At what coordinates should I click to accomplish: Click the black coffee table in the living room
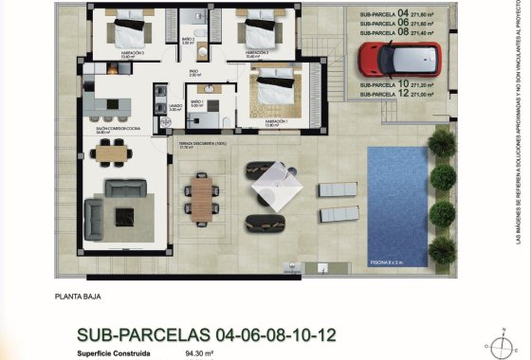coord(125,217)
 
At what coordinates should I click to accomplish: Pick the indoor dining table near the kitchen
coord(113,150)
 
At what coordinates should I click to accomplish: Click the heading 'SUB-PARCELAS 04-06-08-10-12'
coord(207,335)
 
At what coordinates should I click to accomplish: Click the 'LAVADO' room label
coord(174,106)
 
